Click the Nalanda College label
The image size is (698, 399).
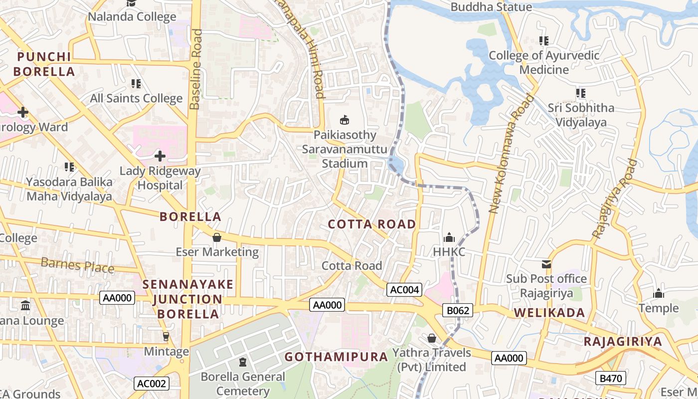point(132,16)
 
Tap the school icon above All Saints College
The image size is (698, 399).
point(136,83)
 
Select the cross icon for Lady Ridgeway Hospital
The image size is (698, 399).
point(160,156)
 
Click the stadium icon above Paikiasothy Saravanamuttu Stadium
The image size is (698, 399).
point(344,120)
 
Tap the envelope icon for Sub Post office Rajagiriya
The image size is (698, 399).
point(546,264)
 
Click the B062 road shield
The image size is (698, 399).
point(457,311)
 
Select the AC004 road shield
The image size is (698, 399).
point(405,290)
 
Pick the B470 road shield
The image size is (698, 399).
point(611,379)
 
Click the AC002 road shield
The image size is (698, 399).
point(152,384)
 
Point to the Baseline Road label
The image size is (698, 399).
point(196,69)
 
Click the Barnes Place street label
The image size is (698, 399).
point(77,265)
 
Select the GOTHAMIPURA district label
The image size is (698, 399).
point(336,357)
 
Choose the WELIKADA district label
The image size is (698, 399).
point(549,313)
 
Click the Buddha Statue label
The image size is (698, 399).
point(491,7)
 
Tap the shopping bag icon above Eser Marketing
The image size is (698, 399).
point(216,237)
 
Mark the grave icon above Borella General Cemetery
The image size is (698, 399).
point(243,362)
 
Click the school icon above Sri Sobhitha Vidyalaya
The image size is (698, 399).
point(580,93)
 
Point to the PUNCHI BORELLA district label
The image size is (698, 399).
point(44,64)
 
